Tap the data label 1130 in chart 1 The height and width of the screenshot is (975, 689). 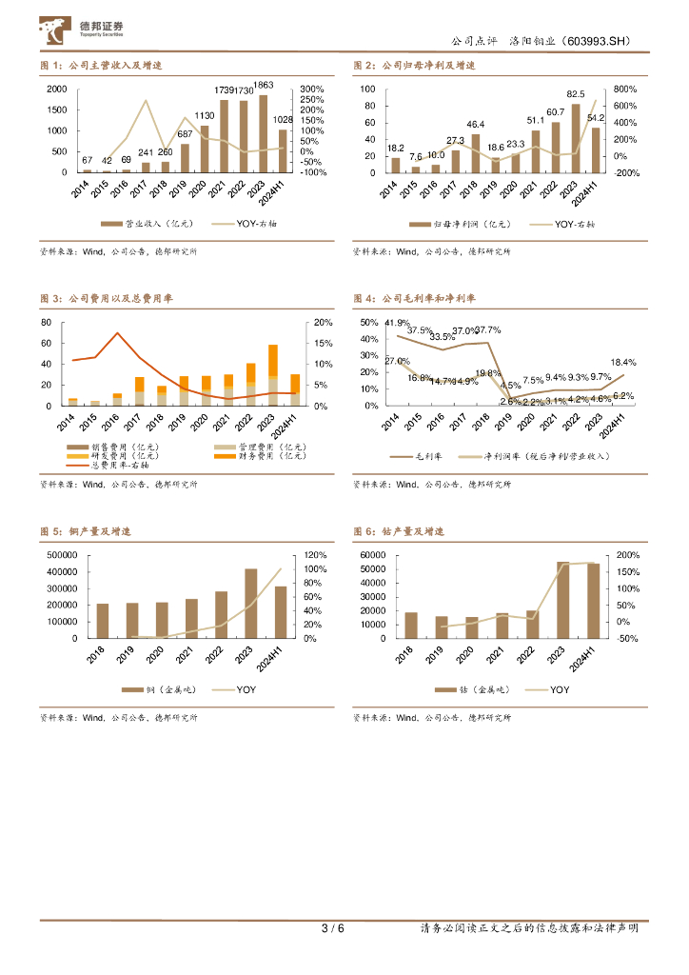(204, 116)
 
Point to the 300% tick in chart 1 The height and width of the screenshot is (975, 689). (312, 89)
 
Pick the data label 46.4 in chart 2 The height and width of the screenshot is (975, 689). (476, 125)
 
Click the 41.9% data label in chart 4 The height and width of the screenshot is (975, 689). (398, 323)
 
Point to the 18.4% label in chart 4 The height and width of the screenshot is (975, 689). (622, 363)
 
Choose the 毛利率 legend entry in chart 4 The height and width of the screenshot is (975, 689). (420, 456)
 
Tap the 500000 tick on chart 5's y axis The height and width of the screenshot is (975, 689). (63, 555)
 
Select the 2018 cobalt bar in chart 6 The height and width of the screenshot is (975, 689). (411, 625)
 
